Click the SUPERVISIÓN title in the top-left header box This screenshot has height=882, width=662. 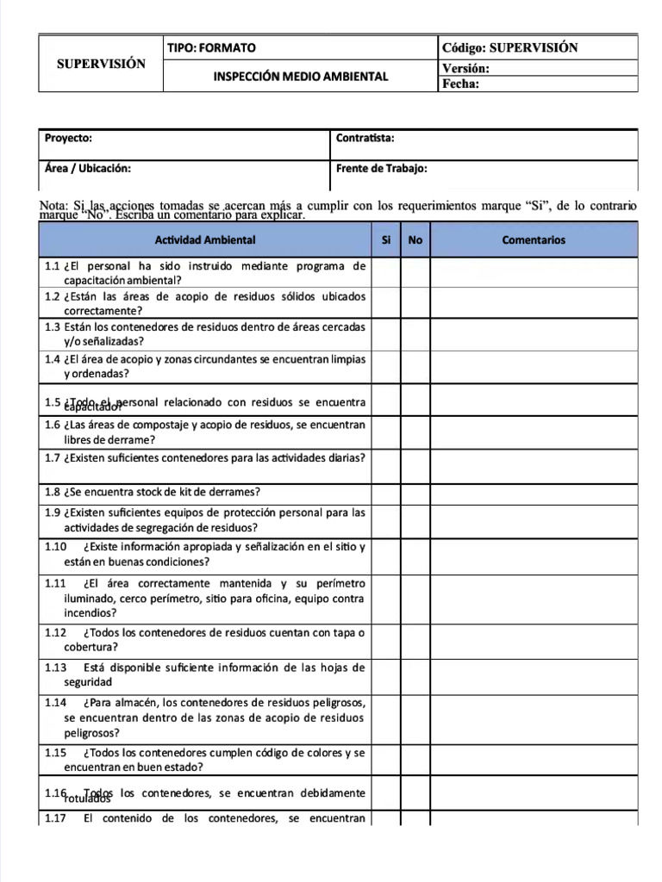point(101,64)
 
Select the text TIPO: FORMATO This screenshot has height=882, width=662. point(211,48)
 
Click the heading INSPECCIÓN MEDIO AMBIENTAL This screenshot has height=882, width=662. point(301,77)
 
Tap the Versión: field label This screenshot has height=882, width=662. point(465,68)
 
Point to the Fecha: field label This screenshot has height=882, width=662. point(460,84)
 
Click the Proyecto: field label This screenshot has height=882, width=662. point(68,139)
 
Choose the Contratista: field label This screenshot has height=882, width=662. point(365,139)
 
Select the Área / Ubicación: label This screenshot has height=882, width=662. point(88,169)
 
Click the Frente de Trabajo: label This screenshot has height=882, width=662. point(382,169)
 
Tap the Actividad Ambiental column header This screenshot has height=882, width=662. point(205,240)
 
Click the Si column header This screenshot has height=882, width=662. point(386,240)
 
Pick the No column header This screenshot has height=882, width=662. point(415,240)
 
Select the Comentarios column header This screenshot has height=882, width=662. point(534,240)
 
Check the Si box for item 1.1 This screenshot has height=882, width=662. point(386,273)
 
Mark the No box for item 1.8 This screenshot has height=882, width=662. point(415,493)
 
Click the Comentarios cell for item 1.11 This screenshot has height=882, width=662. point(534,599)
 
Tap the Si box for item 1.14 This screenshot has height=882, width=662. point(386,717)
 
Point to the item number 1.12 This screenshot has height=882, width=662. point(55,632)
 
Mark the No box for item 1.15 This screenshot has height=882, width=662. point(415,759)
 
